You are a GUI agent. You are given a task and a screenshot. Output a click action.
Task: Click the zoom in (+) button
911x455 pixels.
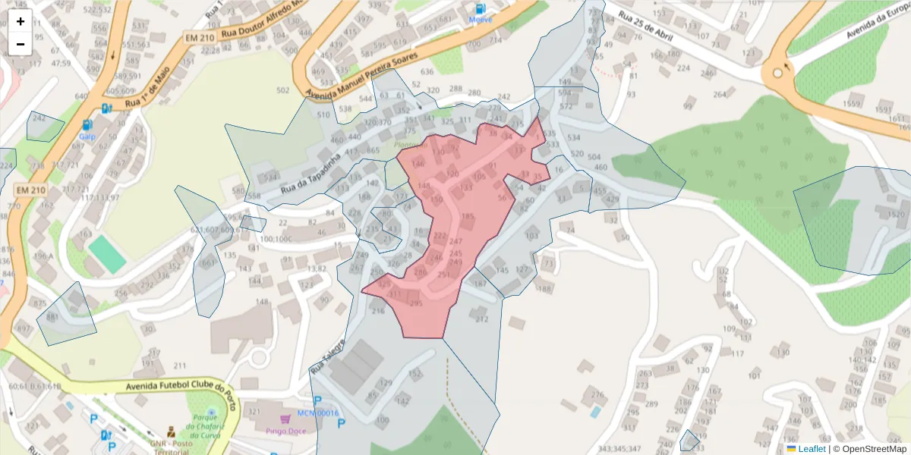coord(20,21)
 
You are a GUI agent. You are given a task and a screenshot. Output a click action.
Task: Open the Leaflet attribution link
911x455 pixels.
coord(811,449)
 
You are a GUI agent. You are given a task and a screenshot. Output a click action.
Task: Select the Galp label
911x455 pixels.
coord(87,136)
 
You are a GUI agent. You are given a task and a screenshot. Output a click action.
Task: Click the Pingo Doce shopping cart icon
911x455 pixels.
coord(285,419)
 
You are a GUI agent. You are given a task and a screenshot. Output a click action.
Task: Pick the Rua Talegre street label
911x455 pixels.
coord(327,359)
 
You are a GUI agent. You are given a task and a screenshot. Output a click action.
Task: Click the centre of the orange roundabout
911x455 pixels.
coord(778,74)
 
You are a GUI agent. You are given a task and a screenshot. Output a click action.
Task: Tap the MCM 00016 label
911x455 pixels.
coord(317,413)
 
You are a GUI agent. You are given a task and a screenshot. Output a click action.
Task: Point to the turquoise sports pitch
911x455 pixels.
coord(106,254)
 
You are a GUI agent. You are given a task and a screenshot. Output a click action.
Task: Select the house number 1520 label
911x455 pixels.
coord(894,215)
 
